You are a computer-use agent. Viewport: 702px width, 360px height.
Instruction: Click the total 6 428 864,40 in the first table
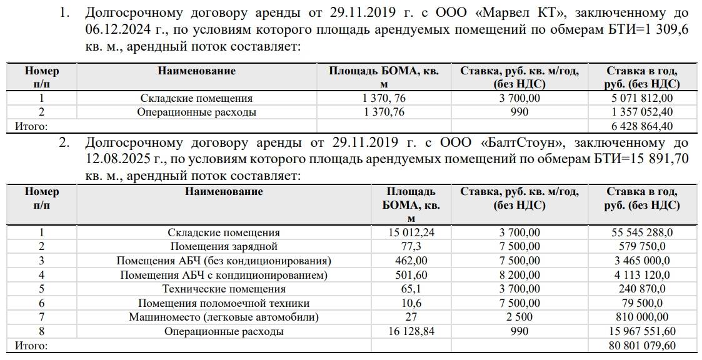tap(642, 127)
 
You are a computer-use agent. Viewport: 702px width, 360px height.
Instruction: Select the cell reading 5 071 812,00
tap(642, 98)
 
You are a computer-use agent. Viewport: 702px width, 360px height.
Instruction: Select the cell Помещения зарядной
tap(224, 246)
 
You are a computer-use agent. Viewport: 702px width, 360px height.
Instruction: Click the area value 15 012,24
tap(411, 232)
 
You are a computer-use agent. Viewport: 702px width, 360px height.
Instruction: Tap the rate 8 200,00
tap(519, 274)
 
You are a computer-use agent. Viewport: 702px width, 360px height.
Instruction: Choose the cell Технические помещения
tap(224, 289)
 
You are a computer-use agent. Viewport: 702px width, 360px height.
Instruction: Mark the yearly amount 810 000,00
tap(642, 317)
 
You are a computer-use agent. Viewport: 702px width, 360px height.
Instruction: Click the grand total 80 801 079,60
tap(642, 345)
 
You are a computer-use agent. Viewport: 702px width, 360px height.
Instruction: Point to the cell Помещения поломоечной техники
tap(224, 303)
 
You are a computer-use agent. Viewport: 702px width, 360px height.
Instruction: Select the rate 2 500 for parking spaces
tap(519, 317)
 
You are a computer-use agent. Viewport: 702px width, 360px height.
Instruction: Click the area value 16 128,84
tap(411, 331)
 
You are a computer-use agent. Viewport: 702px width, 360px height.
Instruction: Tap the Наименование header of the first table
tap(196, 71)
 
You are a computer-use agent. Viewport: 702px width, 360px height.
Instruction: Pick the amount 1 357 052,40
tap(642, 112)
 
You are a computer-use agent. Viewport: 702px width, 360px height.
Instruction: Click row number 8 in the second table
tap(41, 331)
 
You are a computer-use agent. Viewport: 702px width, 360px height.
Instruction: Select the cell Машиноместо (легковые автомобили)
tap(224, 317)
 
